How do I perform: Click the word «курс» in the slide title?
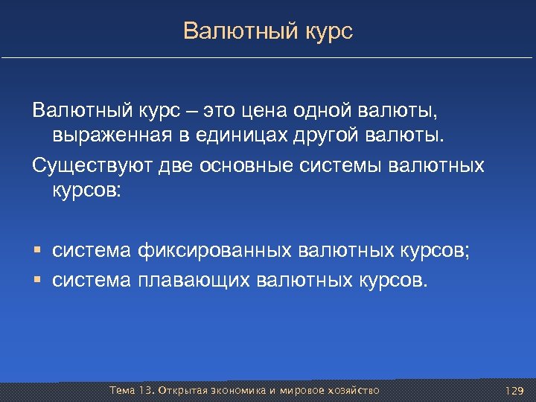[328, 32]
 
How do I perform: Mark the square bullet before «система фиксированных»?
[37, 252]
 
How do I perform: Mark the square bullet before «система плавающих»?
[37, 281]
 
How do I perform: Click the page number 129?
[514, 391]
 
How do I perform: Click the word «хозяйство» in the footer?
[351, 390]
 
